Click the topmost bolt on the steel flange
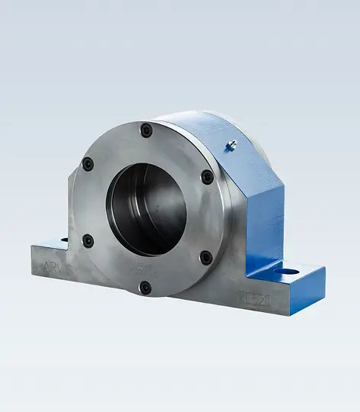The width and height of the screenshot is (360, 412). click(x=146, y=130)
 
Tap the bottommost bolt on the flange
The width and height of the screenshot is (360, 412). click(x=145, y=288)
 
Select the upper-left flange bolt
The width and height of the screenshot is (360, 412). click(x=88, y=163)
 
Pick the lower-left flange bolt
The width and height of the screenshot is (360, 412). click(x=88, y=241)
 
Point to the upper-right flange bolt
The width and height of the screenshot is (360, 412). click(x=207, y=177)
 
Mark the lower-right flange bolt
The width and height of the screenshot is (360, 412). click(x=206, y=258)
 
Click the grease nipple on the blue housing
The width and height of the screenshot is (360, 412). click(x=233, y=144)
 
